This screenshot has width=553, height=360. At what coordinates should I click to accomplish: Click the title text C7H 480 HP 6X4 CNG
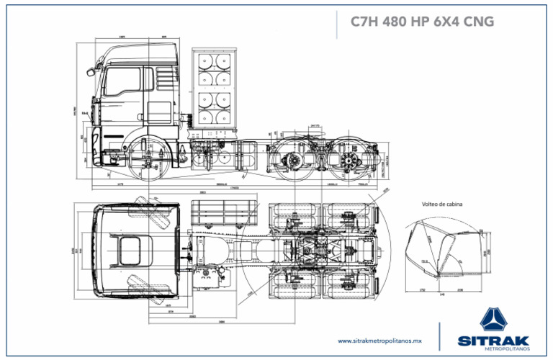tap(422, 22)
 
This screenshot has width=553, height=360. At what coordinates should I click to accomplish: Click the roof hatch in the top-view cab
tap(130, 252)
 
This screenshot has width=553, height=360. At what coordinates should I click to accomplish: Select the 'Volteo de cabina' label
tap(441, 204)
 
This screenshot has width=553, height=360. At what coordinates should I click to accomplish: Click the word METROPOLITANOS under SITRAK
tap(508, 350)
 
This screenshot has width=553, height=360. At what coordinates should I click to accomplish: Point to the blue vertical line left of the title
tap(337, 23)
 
